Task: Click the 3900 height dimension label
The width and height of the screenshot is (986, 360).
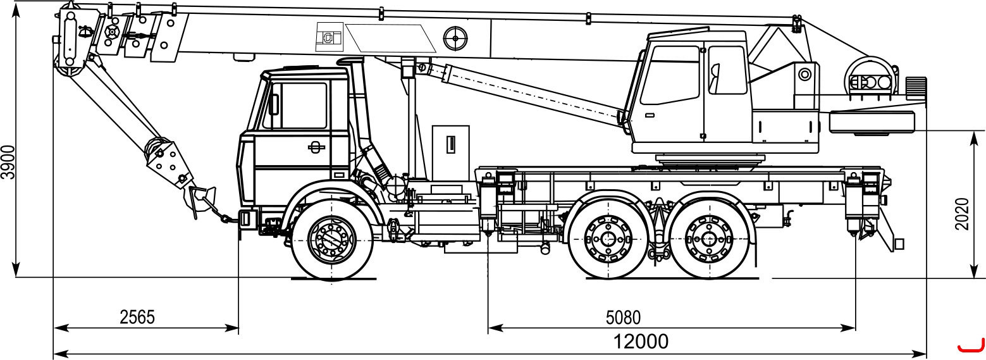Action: (8, 162)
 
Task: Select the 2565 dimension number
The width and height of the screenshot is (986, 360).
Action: (137, 317)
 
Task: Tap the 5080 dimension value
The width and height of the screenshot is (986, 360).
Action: (624, 318)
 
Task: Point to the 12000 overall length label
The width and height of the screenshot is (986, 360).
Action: (641, 342)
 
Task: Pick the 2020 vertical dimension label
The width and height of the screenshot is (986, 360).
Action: (962, 214)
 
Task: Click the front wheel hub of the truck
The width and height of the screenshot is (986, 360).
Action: (332, 239)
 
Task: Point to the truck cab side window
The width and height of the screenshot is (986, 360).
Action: (303, 106)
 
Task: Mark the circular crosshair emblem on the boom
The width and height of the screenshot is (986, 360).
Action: (455, 39)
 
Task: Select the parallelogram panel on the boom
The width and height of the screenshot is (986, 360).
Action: (390, 38)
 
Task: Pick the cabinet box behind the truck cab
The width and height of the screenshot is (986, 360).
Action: (451, 152)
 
